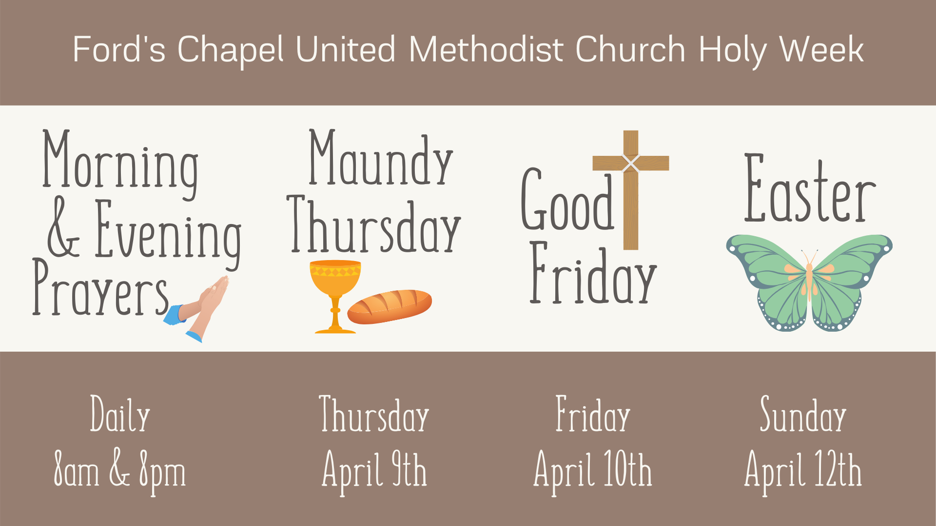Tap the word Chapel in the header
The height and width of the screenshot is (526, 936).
[x=230, y=50]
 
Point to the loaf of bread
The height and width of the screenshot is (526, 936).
[x=390, y=306]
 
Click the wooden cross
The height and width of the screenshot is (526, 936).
[x=631, y=190]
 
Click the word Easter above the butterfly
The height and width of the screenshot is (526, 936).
[x=810, y=190]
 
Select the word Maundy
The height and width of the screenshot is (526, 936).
[x=381, y=159]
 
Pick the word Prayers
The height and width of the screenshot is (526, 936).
[x=100, y=290]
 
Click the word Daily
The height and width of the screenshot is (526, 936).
[x=120, y=415]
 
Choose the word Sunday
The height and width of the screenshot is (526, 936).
[x=803, y=415]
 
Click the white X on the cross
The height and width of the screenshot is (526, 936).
[x=631, y=164]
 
